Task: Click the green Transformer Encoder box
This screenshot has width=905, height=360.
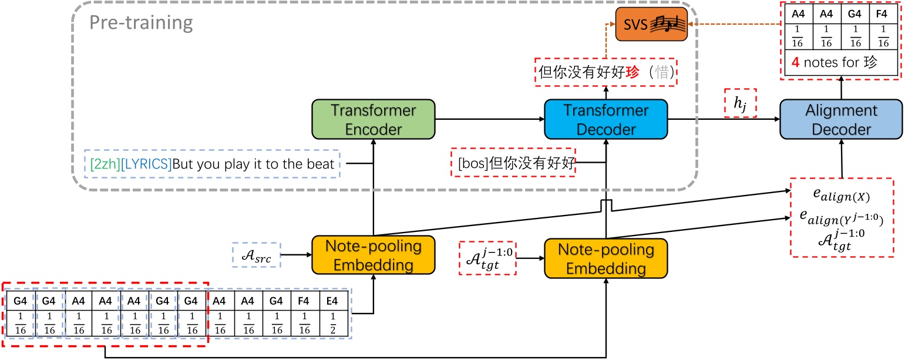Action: [374, 119]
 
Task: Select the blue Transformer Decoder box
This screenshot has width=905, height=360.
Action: [605, 119]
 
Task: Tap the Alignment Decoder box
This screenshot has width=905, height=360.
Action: [842, 119]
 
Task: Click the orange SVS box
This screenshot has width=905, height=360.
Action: [651, 25]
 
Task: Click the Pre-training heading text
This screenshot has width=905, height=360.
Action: [141, 23]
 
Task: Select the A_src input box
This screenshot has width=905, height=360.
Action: [256, 255]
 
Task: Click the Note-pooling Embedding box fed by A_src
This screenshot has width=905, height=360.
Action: [374, 255]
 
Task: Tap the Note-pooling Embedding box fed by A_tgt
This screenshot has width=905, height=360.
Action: [605, 259]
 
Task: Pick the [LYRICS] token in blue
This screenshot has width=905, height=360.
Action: [145, 164]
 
